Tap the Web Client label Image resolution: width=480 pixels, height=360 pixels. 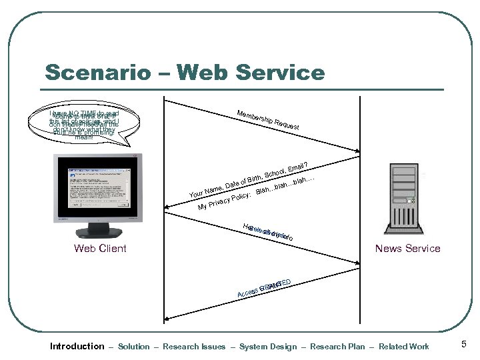pos(100,249)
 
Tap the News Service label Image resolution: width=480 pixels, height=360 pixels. pos(407,248)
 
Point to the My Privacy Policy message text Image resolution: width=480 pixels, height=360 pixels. pos(224,200)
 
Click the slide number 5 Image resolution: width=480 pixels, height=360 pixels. pos(463,345)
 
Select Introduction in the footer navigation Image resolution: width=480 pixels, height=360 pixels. pos(77,346)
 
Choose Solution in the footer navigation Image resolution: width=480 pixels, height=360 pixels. pos(133,347)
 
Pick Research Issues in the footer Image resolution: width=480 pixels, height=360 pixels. pos(194,347)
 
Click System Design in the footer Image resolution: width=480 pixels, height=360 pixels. pos(267,347)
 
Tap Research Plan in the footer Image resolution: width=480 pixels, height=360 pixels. pos(339,347)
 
